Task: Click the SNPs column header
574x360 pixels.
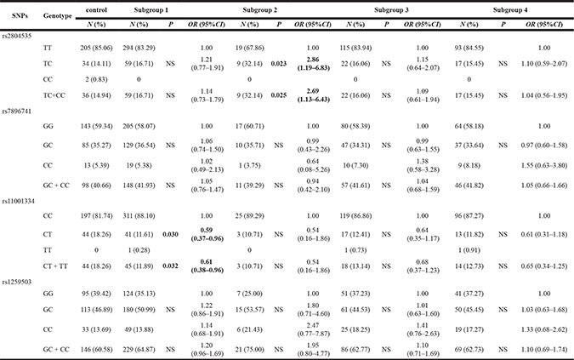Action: (20, 16)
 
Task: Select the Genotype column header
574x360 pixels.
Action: (58, 16)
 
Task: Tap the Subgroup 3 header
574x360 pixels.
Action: (391, 10)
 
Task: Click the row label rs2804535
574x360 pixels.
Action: (17, 36)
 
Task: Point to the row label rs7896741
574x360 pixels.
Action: (17, 111)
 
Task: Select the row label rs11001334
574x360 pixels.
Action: (19, 201)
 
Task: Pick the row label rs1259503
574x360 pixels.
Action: (17, 282)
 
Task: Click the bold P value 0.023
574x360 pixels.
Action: (279, 64)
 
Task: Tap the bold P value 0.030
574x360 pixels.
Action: (170, 234)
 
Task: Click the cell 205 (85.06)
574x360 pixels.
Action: (97, 48)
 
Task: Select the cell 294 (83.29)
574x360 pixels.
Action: (139, 48)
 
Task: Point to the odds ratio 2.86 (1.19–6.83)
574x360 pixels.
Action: (313, 64)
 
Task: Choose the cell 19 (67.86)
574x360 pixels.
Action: (249, 48)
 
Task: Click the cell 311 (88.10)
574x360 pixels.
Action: (139, 215)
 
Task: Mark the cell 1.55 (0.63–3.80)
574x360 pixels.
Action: (544, 165)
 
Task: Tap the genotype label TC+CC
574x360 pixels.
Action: (54, 95)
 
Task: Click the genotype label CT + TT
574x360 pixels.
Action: (55, 266)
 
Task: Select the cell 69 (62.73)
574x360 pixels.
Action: (469, 350)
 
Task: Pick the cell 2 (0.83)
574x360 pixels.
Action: (97, 79)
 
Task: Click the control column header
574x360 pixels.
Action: (96, 10)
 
